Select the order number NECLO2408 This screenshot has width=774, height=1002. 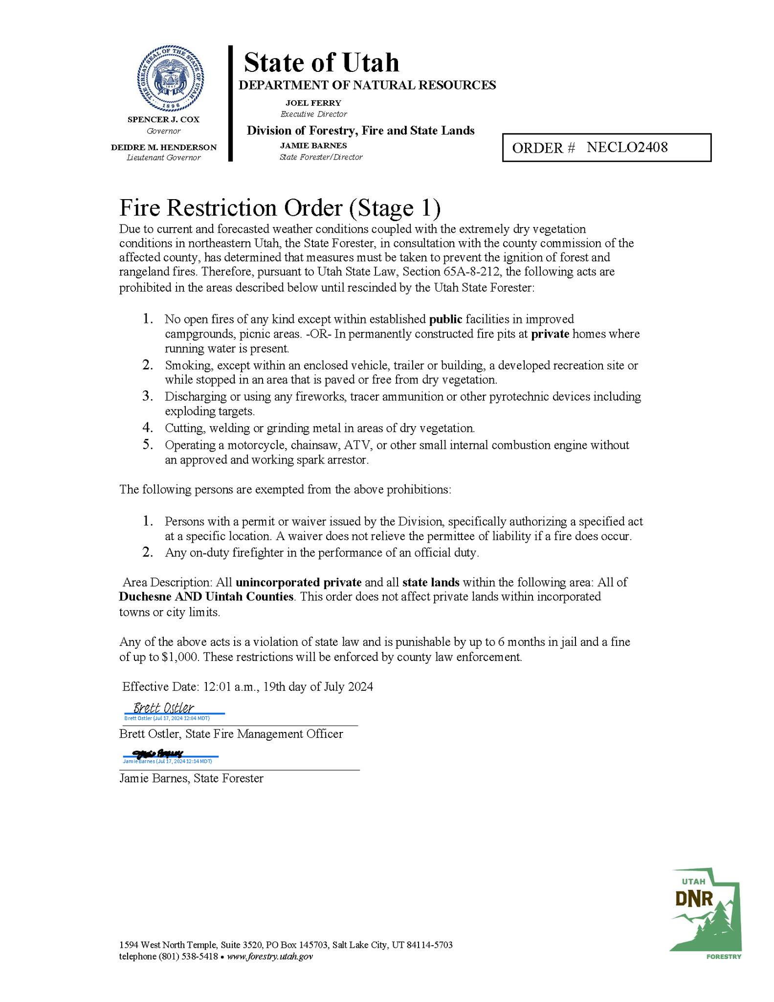pos(627,147)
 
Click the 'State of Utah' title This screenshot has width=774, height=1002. pos(321,63)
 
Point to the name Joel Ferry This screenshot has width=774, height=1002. pos(313,103)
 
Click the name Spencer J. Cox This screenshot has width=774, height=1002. pos(163,119)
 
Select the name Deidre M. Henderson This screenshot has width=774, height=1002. pos(163,147)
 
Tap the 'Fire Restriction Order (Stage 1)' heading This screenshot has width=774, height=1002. pos(280,208)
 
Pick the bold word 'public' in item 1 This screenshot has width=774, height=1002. pos(445,319)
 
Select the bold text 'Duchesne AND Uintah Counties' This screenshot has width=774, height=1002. pos(206,597)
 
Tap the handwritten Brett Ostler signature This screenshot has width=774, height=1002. pos(164,708)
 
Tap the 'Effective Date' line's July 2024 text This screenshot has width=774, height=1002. pos(348,687)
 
